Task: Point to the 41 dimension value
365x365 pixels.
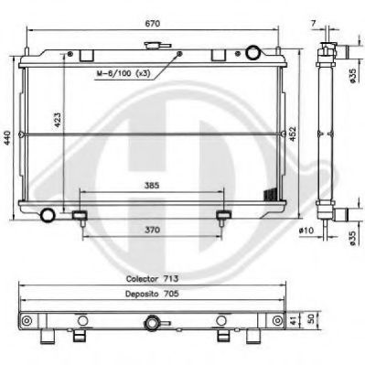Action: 293,322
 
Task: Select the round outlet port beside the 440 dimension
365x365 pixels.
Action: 48,215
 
